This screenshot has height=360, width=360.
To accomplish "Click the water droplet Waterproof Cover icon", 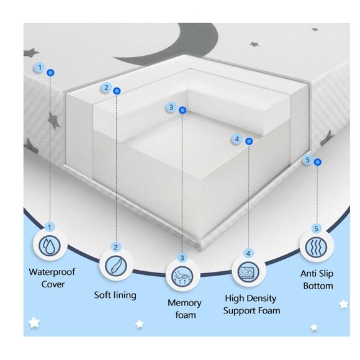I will (48, 246).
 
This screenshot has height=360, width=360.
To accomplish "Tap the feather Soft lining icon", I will (115, 265).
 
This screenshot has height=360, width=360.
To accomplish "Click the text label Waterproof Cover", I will (48, 278).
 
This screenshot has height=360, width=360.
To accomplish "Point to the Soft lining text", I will (115, 295).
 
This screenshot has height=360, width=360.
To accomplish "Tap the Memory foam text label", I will (184, 308).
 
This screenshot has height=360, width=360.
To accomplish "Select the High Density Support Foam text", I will (252, 304).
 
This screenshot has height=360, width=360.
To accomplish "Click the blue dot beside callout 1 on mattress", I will (51, 73).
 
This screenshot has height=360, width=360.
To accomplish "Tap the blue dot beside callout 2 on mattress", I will (117, 91).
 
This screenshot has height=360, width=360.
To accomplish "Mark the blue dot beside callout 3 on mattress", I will (182, 110).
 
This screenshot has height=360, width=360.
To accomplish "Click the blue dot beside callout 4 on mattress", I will (249, 142).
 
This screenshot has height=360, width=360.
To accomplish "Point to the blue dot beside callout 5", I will (318, 162).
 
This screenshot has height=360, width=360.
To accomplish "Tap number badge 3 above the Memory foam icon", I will (182, 257).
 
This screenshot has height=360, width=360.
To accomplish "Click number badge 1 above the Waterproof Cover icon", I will (49, 228).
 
